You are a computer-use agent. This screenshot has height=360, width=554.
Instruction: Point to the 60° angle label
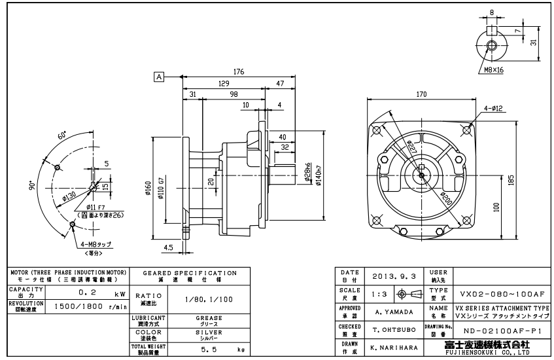point(62,137)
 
